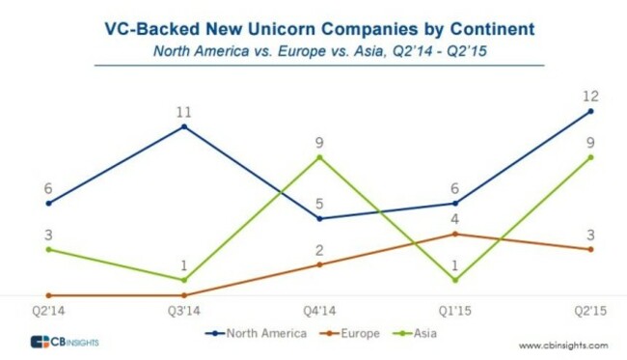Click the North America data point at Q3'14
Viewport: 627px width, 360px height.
(x=183, y=126)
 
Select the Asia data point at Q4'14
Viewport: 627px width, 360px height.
(x=319, y=157)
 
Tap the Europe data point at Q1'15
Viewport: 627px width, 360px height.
(x=455, y=234)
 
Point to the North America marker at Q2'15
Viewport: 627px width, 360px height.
(x=590, y=111)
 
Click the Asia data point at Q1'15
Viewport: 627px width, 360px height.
(x=455, y=280)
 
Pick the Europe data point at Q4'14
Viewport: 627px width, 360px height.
(x=319, y=264)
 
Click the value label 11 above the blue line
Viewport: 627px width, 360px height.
(x=183, y=111)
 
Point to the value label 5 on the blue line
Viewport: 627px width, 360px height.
(x=319, y=203)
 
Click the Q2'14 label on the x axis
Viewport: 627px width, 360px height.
(x=48, y=312)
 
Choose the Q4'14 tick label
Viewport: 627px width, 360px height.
(x=319, y=312)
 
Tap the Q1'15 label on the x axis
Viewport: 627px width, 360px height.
(x=455, y=312)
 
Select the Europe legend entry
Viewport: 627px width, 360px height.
(x=350, y=333)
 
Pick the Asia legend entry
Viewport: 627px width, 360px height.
(x=416, y=333)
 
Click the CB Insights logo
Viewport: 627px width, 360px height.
(x=65, y=343)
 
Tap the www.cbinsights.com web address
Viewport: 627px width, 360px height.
(x=563, y=345)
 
